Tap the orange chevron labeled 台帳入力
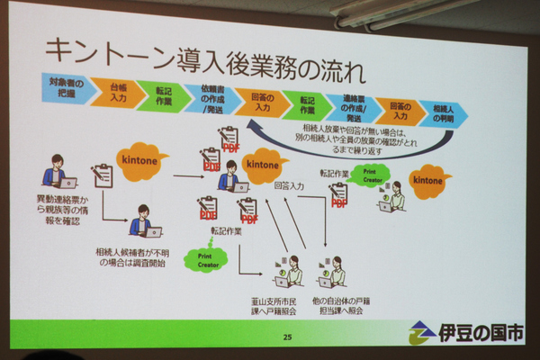(118, 91)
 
